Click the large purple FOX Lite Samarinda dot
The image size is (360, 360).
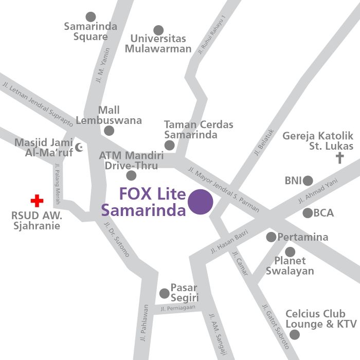pyautogui.click(x=200, y=202)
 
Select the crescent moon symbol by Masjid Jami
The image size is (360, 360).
pyautogui.click(x=79, y=148)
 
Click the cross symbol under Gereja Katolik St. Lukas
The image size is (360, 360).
pyautogui.click(x=339, y=157)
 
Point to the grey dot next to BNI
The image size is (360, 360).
pyautogui.click(x=308, y=181)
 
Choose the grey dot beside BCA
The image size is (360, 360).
pyautogui.click(x=308, y=213)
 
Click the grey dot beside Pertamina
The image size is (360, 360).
pyautogui.click(x=271, y=237)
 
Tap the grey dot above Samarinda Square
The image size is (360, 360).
pyautogui.click(x=91, y=17)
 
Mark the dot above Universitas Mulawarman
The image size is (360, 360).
pyautogui.click(x=158, y=30)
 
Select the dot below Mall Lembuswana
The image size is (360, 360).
pyautogui.click(x=109, y=131)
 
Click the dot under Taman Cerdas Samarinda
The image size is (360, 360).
pyautogui.click(x=170, y=146)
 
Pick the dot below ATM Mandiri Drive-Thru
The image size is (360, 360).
pyautogui.click(x=131, y=176)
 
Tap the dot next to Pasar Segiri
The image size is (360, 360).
pyautogui.click(x=164, y=294)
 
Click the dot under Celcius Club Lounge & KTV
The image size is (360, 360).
pyautogui.click(x=294, y=335)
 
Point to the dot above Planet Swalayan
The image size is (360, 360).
pyautogui.click(x=290, y=252)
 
